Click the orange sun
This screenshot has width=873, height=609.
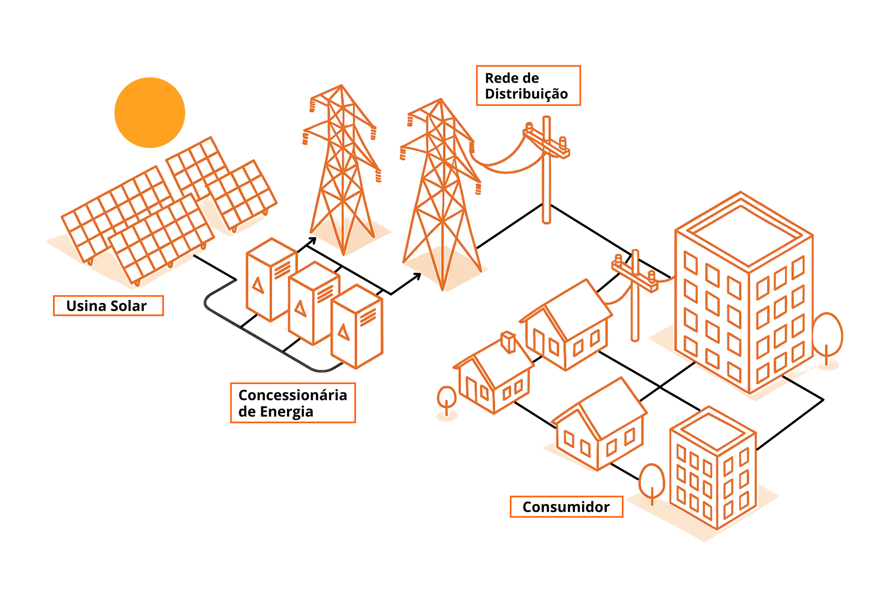pos(149,113)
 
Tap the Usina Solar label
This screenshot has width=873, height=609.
pos(108,306)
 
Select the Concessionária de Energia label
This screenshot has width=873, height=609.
pos(293,403)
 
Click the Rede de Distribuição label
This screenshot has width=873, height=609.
pos(528,86)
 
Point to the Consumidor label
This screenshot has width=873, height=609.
pos(566,507)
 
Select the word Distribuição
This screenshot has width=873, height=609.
pos(526,94)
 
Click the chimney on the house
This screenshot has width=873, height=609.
pos(508,342)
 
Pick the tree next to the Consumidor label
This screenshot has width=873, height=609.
pos(652,481)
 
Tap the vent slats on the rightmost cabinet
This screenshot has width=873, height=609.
pos(368,317)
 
